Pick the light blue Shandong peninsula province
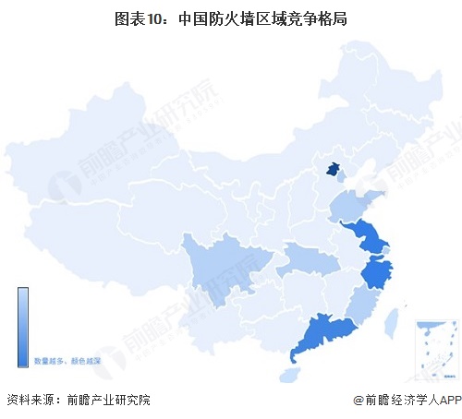click(x=356, y=200)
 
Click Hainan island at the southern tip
click(x=290, y=376)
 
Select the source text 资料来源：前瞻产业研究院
click(x=78, y=400)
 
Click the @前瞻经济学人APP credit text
click(x=406, y=400)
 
